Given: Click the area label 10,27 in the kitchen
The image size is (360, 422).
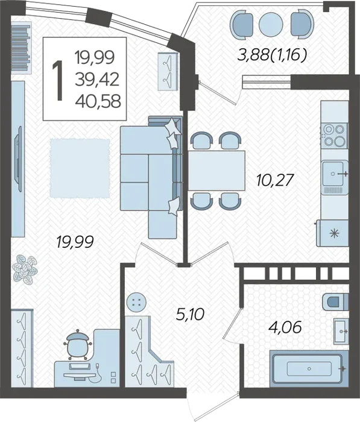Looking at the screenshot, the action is coord(274,180).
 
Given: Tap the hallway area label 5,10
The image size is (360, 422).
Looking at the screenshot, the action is coord(190,314).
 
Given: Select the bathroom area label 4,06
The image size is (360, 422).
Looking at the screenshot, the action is coord(285,327).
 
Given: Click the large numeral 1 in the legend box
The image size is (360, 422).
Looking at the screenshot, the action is coord(58,80).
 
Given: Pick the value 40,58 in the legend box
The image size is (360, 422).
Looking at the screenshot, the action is coord(98,101).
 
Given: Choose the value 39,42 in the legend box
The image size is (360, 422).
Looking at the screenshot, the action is coord(97,80).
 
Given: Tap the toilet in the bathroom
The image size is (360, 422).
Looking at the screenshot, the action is coord(335,301).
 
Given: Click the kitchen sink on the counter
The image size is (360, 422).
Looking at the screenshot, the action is coord(335,174).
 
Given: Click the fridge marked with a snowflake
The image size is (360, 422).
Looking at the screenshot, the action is coord(332,233).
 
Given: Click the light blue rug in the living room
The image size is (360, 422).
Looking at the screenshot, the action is coord(80,168).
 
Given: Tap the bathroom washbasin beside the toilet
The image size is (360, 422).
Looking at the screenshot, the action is coord(341,331).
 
